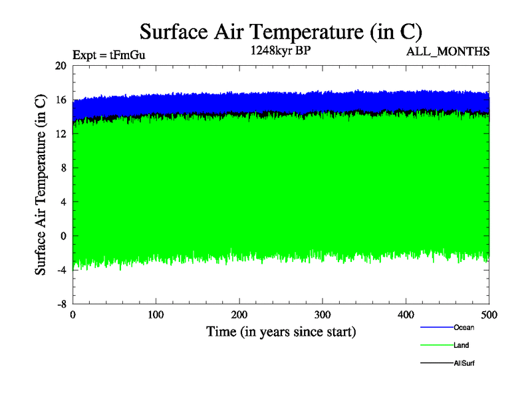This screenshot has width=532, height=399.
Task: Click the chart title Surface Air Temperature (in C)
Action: point(281,32)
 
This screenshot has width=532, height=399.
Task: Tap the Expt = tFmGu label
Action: point(108,55)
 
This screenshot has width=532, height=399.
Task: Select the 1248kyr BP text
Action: point(281,51)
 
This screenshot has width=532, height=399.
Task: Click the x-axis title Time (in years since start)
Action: point(281,331)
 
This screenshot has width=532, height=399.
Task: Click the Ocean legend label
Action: point(464,327)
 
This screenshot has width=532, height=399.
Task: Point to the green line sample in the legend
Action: point(436,345)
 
